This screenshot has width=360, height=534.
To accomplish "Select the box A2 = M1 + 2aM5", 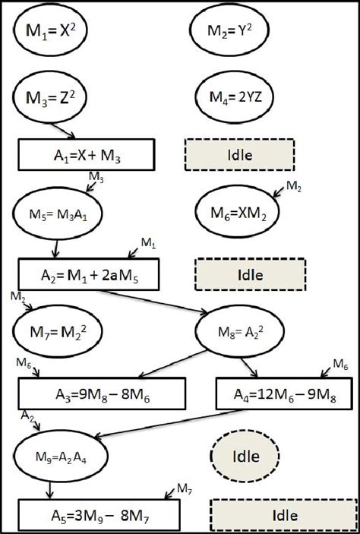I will pyautogui.click(x=89, y=273).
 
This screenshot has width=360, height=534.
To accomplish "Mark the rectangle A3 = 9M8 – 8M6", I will pyautogui.click(x=103, y=394).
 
